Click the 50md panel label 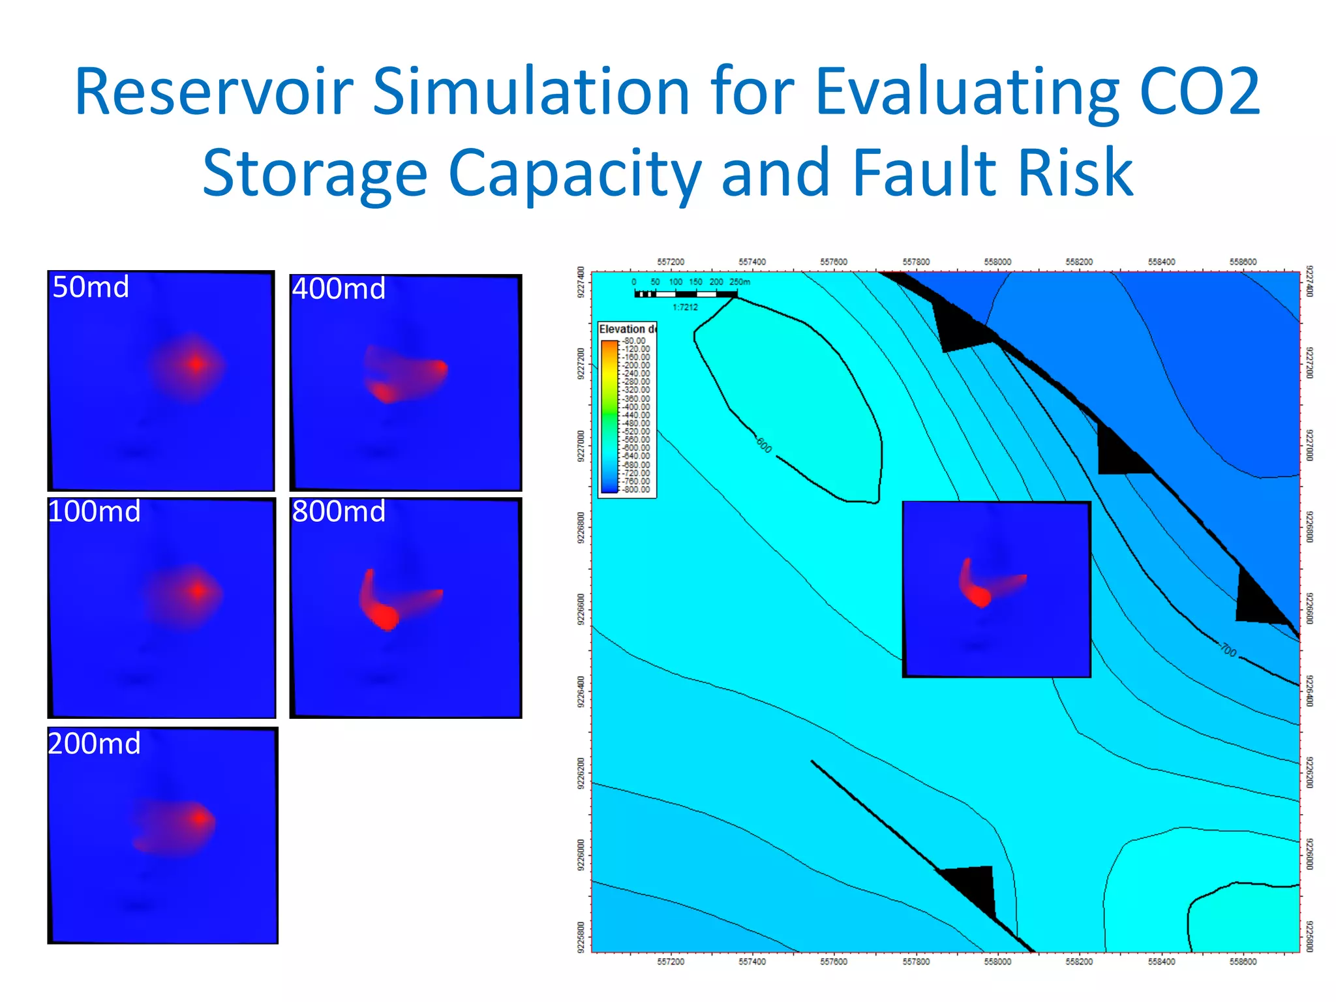91,288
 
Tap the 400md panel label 339,289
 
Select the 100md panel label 95,511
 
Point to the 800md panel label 339,511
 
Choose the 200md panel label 95,744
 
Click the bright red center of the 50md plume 196,364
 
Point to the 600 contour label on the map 764,446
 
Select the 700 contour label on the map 1228,650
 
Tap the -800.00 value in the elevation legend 636,489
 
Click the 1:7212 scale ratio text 685,307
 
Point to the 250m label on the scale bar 740,282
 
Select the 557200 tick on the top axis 671,262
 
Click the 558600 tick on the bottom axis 1243,962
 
